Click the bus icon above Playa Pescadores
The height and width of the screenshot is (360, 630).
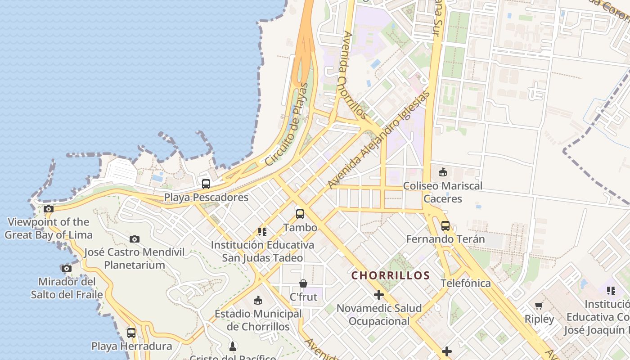click(x=206, y=184)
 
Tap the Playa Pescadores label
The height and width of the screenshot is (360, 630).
click(x=206, y=197)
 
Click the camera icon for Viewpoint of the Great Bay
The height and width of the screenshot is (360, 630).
click(x=49, y=209)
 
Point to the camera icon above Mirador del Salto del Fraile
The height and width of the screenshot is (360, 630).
click(x=67, y=268)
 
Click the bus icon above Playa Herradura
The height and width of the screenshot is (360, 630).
click(x=131, y=333)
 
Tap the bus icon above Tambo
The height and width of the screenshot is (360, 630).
click(x=300, y=214)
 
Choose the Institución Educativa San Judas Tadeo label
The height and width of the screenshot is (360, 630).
click(x=262, y=252)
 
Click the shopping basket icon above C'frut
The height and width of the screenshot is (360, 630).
click(x=303, y=283)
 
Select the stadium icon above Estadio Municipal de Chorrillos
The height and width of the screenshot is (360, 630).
click(x=258, y=300)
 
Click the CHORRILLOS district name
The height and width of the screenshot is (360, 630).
click(x=391, y=275)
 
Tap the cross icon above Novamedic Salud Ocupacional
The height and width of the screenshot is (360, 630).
click(x=379, y=295)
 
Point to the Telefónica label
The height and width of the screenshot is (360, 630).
click(x=465, y=283)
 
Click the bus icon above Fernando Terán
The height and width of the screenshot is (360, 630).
click(x=445, y=225)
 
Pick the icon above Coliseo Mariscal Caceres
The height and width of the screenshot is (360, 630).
click(x=443, y=172)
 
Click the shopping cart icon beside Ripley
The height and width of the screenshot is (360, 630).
click(x=539, y=306)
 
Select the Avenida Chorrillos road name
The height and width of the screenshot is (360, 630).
click(x=355, y=76)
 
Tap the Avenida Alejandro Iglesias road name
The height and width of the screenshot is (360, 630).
click(x=379, y=140)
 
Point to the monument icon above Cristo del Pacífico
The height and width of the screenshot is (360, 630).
click(x=233, y=346)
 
